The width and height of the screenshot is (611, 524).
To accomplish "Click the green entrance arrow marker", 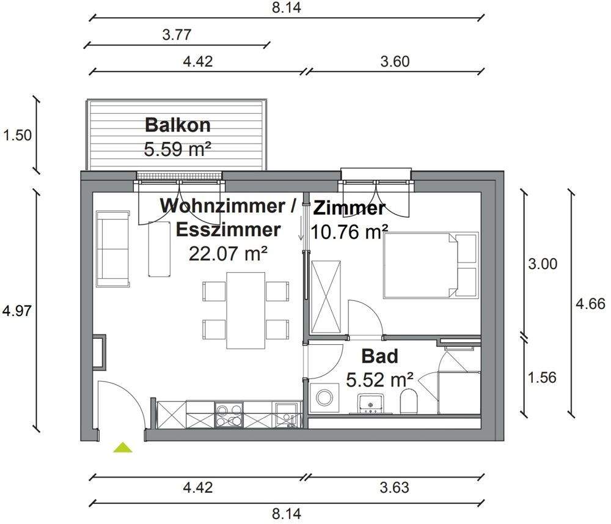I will pyautogui.click(x=123, y=448).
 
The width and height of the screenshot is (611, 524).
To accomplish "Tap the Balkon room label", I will pyautogui.click(x=177, y=125).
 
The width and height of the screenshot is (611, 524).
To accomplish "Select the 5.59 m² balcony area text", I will pyautogui.click(x=177, y=149).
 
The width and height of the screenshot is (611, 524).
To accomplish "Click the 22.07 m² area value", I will pyautogui.click(x=229, y=253).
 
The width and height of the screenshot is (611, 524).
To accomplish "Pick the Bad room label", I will pyautogui.click(x=379, y=356).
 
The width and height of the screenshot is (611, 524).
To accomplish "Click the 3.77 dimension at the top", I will pyautogui.click(x=177, y=35).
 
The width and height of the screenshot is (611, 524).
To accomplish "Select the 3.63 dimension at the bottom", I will pyautogui.click(x=394, y=488).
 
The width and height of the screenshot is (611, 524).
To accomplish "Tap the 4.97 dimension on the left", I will pyautogui.click(x=17, y=310).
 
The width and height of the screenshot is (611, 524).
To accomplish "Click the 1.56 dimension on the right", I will pyautogui.click(x=542, y=377).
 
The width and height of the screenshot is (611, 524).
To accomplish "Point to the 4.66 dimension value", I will pyautogui.click(x=591, y=304).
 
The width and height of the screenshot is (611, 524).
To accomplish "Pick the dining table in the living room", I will pyautogui.click(x=246, y=310).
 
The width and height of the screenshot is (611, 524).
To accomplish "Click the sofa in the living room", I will pyautogui.click(x=113, y=249).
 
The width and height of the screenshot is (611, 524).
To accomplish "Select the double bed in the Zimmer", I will pyautogui.click(x=430, y=265).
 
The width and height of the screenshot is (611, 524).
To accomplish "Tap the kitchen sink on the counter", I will pyautogui.click(x=284, y=414).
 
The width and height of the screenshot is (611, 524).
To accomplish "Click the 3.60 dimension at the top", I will pyautogui.click(x=394, y=61).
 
